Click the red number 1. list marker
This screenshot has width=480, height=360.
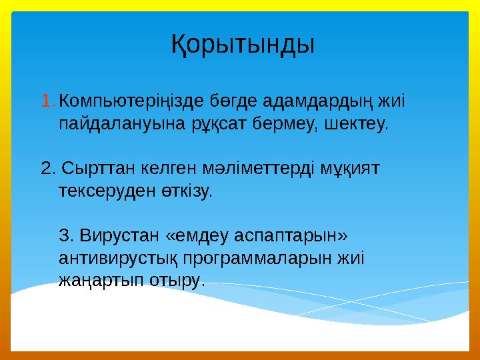click(x=48, y=102)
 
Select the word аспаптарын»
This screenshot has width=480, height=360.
click(x=295, y=235)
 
